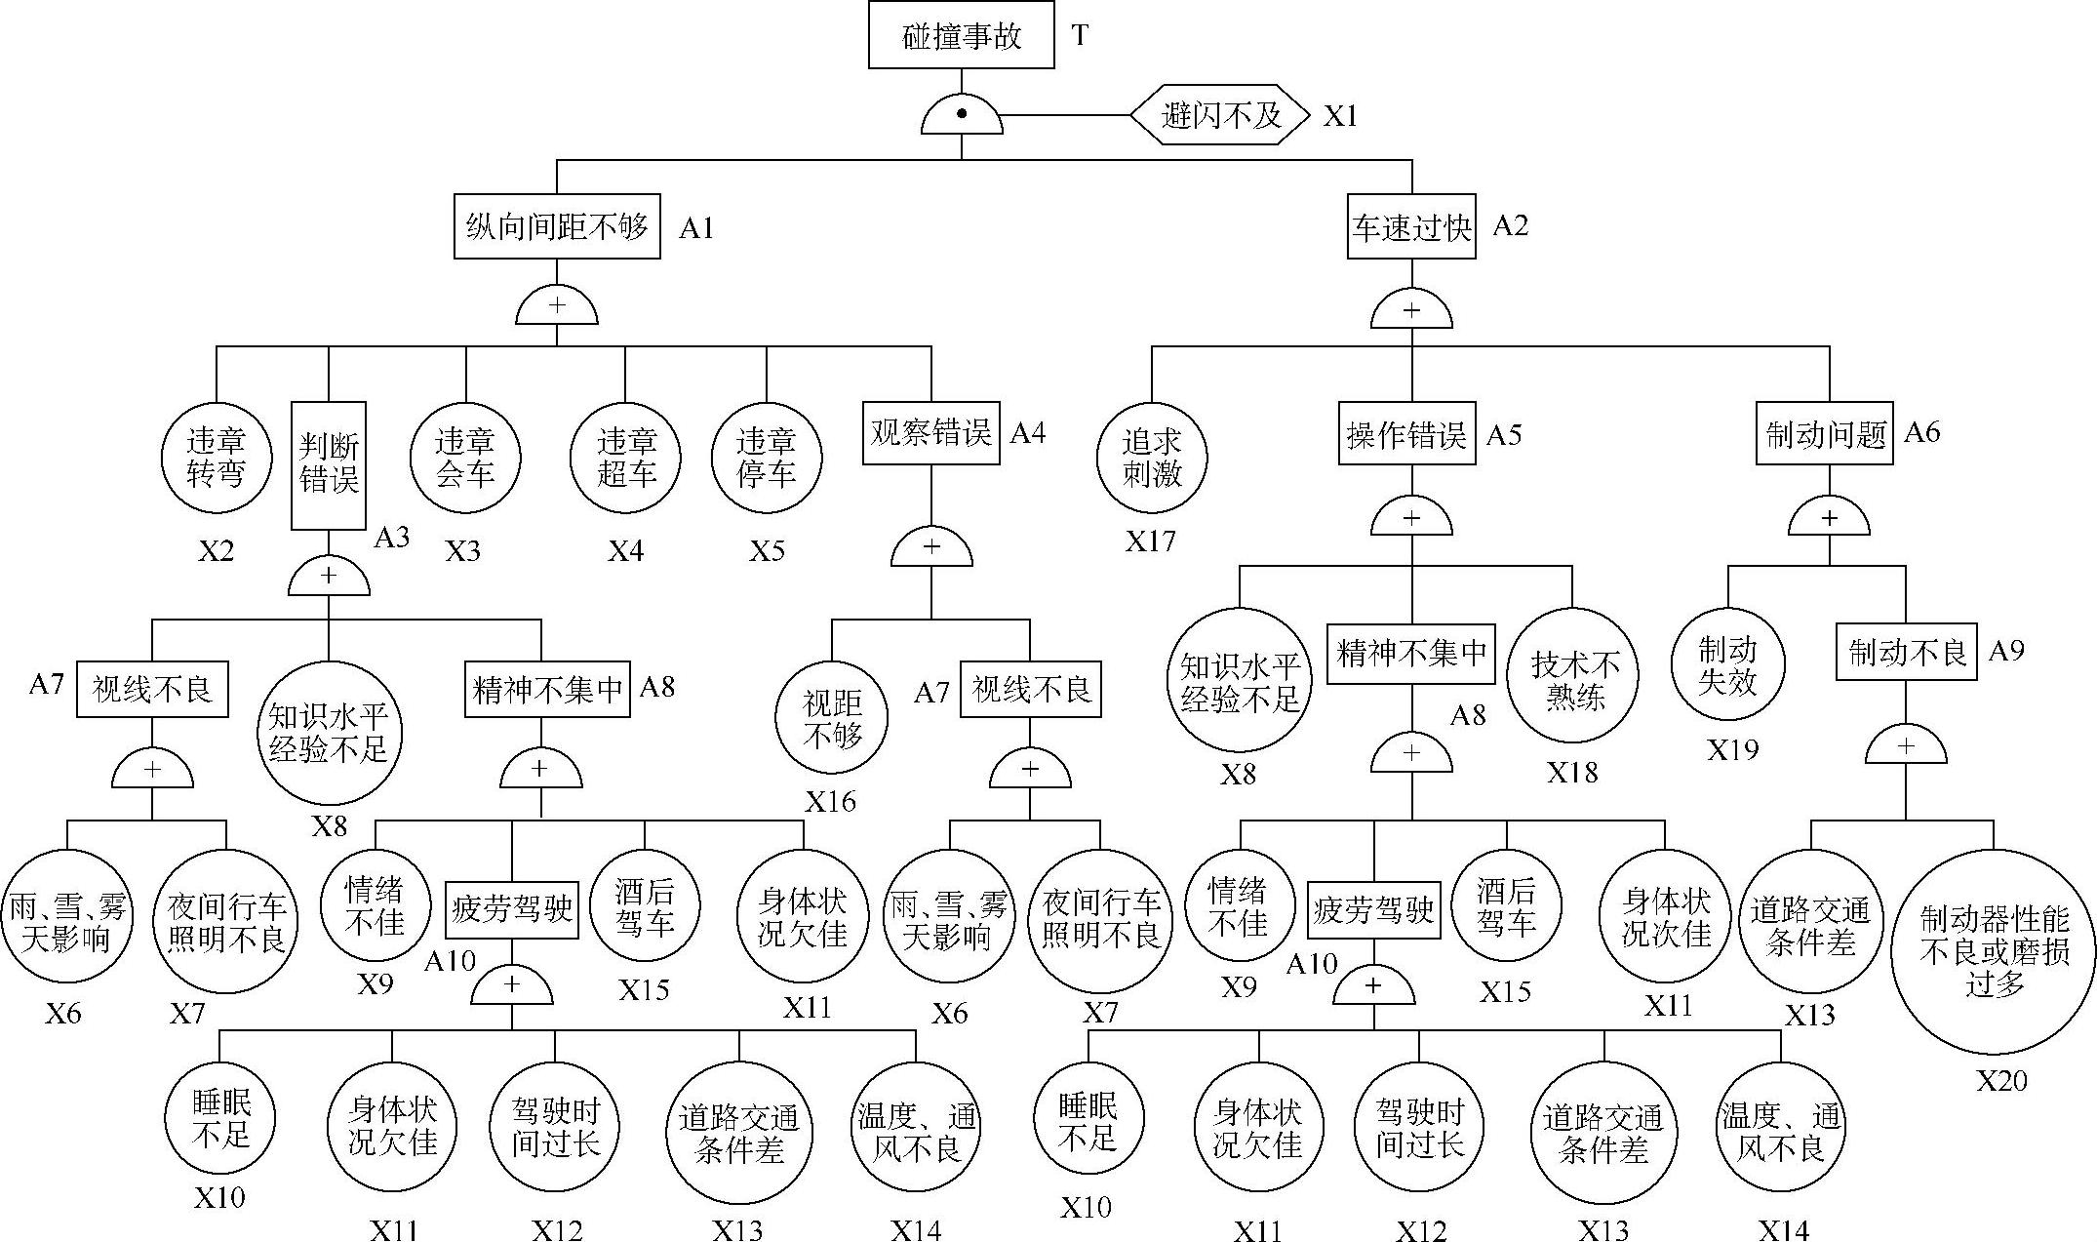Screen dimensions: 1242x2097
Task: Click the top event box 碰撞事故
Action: (x=961, y=35)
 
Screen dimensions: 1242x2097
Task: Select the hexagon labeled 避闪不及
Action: (x=1220, y=115)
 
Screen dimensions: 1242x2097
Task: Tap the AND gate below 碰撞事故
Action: (x=961, y=117)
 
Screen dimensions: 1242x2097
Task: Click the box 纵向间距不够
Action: (x=557, y=226)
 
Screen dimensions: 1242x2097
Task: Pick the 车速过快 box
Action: (x=1410, y=227)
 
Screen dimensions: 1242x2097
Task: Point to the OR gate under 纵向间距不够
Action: (x=556, y=307)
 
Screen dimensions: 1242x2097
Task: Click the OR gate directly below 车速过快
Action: (x=1411, y=311)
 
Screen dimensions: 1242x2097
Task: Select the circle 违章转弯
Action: (x=217, y=458)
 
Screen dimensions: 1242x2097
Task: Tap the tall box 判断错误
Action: (x=329, y=464)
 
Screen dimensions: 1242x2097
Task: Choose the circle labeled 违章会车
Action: (x=465, y=458)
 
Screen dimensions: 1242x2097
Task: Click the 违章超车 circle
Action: (x=625, y=458)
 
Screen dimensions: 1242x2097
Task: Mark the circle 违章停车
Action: (x=767, y=458)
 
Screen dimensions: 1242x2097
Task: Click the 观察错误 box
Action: (x=930, y=432)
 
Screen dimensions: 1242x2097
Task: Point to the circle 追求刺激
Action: (x=1151, y=458)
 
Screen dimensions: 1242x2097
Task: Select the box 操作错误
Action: (x=1406, y=434)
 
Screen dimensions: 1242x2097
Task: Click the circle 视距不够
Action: (x=832, y=718)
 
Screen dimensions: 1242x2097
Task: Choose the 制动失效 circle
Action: (x=1728, y=665)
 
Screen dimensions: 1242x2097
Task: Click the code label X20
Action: (x=2001, y=1080)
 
